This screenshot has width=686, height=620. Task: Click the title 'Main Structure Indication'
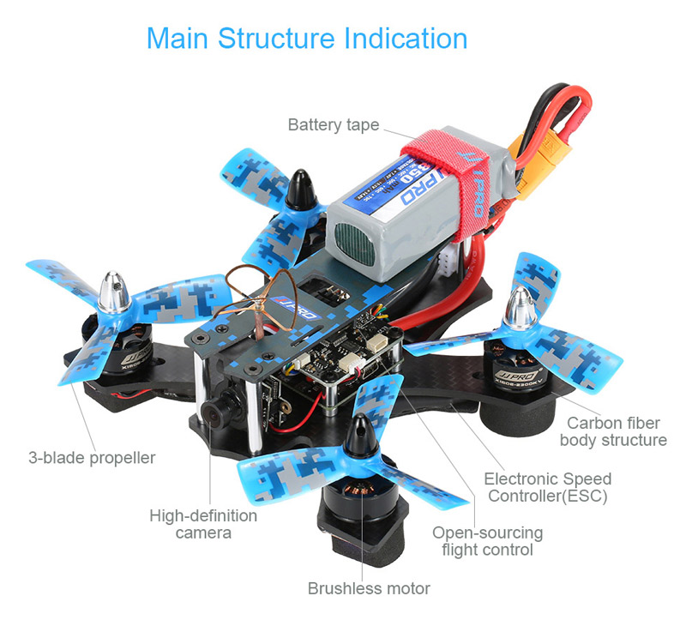tap(307, 39)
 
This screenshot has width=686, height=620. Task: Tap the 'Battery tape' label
tap(333, 125)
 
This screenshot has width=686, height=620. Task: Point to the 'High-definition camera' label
tap(203, 524)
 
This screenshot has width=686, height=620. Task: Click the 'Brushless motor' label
tap(369, 588)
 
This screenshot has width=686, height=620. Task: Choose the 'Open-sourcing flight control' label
tap(487, 541)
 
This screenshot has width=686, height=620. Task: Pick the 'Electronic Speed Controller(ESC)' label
tap(548, 487)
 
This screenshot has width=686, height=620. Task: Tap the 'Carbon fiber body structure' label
tap(612, 431)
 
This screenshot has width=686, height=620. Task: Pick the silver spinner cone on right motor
tap(520, 306)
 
